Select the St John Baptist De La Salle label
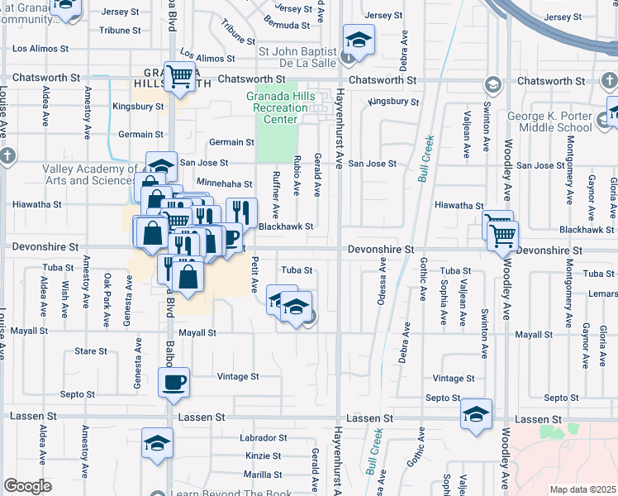[299, 55]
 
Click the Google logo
[27, 486]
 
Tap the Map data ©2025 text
[582, 489]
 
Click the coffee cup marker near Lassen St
[174, 383]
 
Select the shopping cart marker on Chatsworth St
[179, 76]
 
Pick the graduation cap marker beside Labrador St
[156, 443]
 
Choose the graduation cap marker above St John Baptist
[359, 39]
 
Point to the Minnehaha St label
[223, 184]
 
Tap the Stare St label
[91, 351]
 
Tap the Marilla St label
[263, 475]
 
